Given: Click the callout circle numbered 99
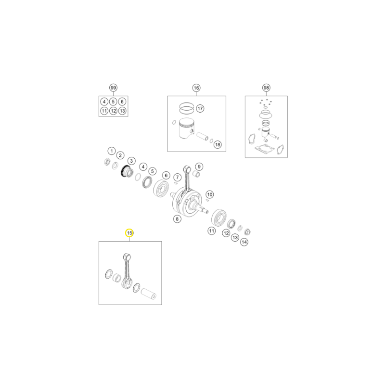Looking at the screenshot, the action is [113, 88].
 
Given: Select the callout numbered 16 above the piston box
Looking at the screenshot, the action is [196, 88].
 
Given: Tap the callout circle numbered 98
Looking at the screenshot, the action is [266, 88].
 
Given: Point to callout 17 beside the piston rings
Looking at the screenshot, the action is [200, 108].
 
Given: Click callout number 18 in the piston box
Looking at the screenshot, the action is [218, 145].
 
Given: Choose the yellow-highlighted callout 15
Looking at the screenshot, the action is [129, 233].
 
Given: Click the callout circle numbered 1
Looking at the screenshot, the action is [112, 151].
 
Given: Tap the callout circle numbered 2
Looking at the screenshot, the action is [120, 155].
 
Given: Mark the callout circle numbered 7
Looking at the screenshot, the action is [178, 177].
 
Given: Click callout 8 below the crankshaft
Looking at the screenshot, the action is [177, 219].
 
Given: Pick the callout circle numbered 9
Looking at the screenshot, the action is [199, 167].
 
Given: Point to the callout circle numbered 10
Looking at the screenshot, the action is [210, 194].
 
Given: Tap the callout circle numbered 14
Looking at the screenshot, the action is [244, 242].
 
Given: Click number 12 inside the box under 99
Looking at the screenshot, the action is [113, 111].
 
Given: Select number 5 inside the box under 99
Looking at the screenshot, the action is [113, 102].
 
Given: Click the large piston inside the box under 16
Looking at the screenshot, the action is [186, 128].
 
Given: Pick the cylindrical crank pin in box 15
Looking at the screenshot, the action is [149, 294].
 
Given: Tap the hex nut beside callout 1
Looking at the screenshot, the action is [106, 162].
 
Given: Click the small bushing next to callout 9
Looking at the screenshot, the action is [197, 174].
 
